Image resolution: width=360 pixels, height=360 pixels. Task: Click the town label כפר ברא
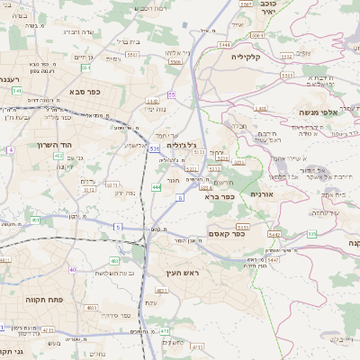point(220,196)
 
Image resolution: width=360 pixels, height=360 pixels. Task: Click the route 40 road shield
point(73,269)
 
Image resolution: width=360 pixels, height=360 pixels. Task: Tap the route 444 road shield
point(157,187)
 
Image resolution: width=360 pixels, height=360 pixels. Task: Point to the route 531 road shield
point(155,148)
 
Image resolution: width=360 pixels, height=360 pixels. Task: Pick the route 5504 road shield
point(175,62)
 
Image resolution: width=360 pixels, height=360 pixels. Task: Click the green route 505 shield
point(311,234)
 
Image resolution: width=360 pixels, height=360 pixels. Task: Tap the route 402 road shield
point(58,157)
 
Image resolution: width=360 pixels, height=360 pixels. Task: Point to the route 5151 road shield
point(242,228)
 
